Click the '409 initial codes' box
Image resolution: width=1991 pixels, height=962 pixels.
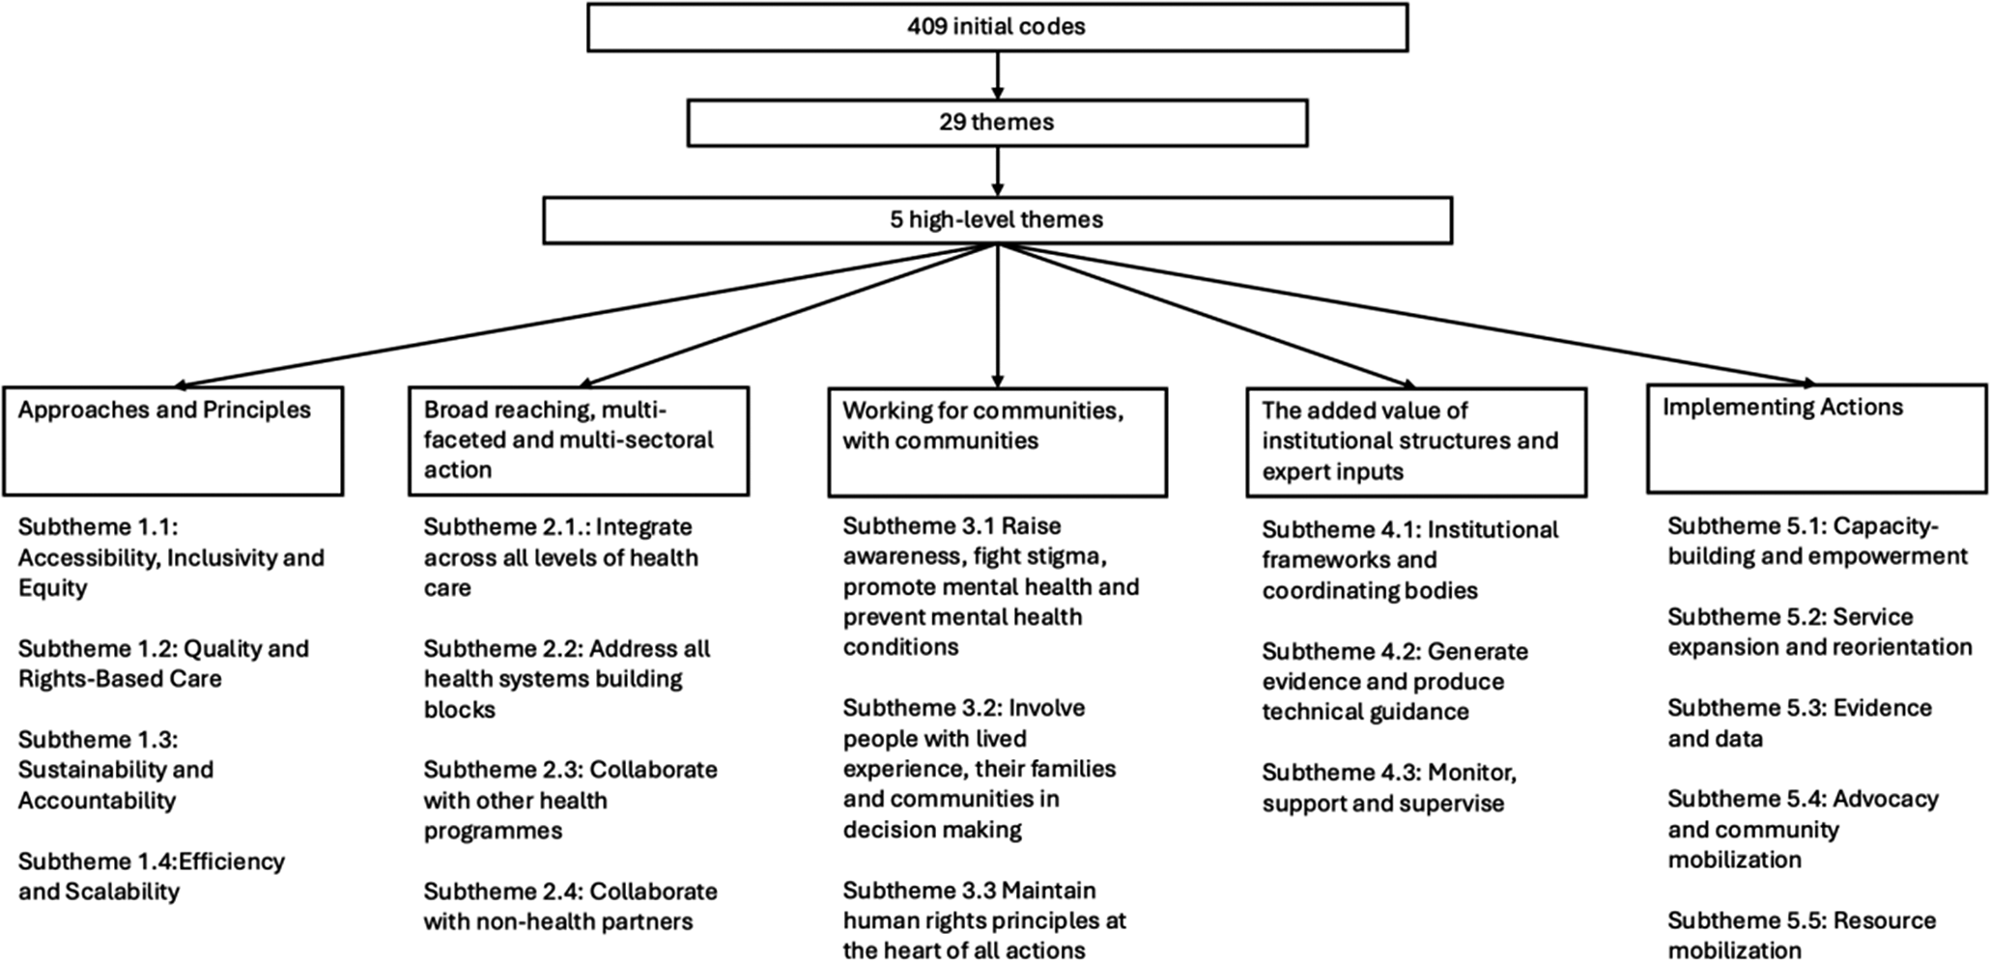tap(997, 27)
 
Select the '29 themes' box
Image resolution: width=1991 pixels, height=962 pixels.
tap(997, 123)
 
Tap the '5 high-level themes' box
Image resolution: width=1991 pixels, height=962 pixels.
tap(997, 220)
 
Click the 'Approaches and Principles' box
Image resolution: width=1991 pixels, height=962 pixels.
tap(173, 441)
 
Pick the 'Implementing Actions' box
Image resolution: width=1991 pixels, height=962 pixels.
tap(1816, 439)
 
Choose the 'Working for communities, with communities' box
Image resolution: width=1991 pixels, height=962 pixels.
tap(997, 442)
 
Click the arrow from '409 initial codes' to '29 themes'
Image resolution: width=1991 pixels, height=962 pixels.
tap(997, 75)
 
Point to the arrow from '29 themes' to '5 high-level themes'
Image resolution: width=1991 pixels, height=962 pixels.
tap(997, 172)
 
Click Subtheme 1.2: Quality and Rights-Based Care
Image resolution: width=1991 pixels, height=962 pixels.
tap(164, 664)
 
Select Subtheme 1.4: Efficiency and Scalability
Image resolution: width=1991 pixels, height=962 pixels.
tap(152, 876)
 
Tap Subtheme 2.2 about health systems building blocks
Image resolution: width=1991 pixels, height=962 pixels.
tap(567, 679)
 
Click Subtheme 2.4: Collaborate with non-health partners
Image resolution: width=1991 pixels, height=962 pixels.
tap(571, 906)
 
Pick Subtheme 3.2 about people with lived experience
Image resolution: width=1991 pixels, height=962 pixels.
tap(980, 768)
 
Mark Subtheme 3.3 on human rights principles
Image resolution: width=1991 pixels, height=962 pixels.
tap(984, 920)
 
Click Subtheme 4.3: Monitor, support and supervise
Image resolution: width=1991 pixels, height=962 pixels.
tap(1389, 788)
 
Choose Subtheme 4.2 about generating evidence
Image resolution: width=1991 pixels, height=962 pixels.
tap(1395, 681)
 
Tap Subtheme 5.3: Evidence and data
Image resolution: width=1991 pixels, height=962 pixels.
tap(1800, 722)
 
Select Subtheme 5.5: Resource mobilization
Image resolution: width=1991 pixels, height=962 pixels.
tap(1802, 935)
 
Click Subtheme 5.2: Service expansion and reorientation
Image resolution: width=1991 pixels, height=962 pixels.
tap(1820, 632)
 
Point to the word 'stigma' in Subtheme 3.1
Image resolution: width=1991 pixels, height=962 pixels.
tap(1065, 556)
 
